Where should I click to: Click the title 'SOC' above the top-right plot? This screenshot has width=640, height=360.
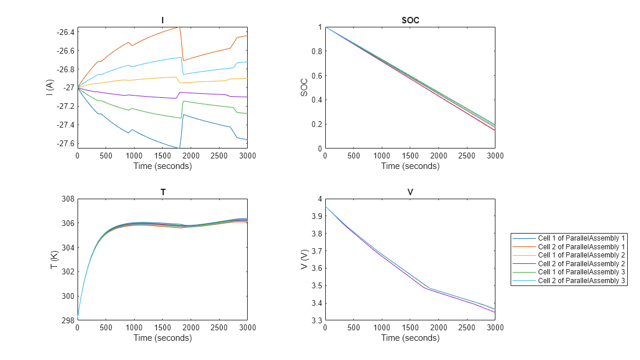pyautogui.click(x=410, y=20)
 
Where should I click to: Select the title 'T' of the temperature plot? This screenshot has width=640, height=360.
pyautogui.click(x=162, y=192)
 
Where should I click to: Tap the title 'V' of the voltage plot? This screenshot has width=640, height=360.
pyautogui.click(x=410, y=192)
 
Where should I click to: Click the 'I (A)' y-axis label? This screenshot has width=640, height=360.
pyautogui.click(x=52, y=87)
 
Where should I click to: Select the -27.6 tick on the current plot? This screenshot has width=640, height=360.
pyautogui.click(x=65, y=143)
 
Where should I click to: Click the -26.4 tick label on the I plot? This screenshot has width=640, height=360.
pyautogui.click(x=65, y=32)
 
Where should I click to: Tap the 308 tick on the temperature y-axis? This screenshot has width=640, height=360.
pyautogui.click(x=68, y=199)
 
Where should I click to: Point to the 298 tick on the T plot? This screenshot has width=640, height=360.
pyautogui.click(x=68, y=320)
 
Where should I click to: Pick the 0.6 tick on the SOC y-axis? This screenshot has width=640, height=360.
pyautogui.click(x=317, y=76)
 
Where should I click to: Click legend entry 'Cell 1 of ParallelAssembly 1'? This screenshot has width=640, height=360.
pyautogui.click(x=581, y=238)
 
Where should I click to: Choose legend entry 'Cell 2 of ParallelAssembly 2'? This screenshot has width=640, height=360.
pyautogui.click(x=581, y=263)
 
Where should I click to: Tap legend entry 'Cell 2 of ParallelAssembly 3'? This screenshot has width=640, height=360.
pyautogui.click(x=581, y=281)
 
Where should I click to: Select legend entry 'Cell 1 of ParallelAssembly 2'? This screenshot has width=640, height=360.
pyautogui.click(x=581, y=255)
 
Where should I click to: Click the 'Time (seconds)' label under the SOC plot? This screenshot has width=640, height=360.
pyautogui.click(x=410, y=166)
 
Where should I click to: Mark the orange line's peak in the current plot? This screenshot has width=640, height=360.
pyautogui.click(x=180, y=27)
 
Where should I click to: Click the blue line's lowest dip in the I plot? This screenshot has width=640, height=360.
pyautogui.click(x=179, y=147)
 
